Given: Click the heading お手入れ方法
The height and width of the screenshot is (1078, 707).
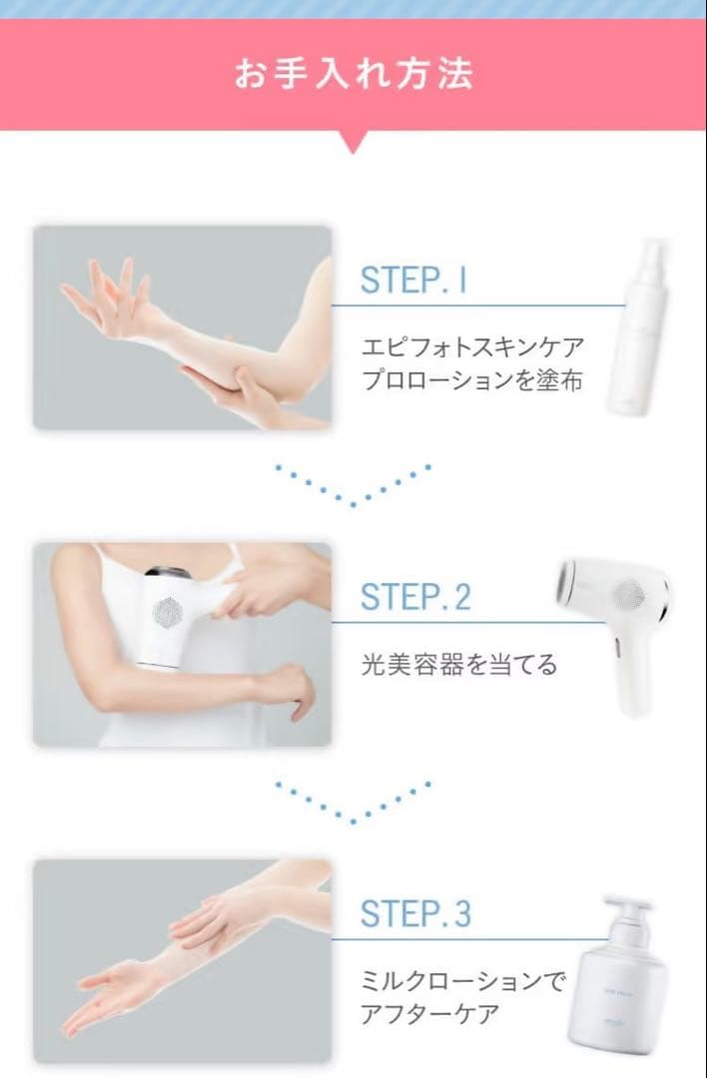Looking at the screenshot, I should click(x=353, y=74).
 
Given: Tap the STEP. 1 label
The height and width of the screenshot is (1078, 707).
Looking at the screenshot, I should click(x=413, y=280).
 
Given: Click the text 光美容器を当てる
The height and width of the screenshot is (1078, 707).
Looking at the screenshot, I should click(x=459, y=664).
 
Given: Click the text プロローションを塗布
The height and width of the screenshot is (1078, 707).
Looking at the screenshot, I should click(x=471, y=381).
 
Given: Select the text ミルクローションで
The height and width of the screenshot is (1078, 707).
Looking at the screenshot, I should click(x=462, y=981).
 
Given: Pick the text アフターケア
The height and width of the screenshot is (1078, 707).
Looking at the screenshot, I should click(x=430, y=1015).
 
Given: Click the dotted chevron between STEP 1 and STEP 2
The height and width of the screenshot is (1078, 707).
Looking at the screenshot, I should click(x=353, y=485).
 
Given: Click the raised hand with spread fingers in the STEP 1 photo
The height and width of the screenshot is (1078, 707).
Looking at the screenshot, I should click(x=105, y=289).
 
